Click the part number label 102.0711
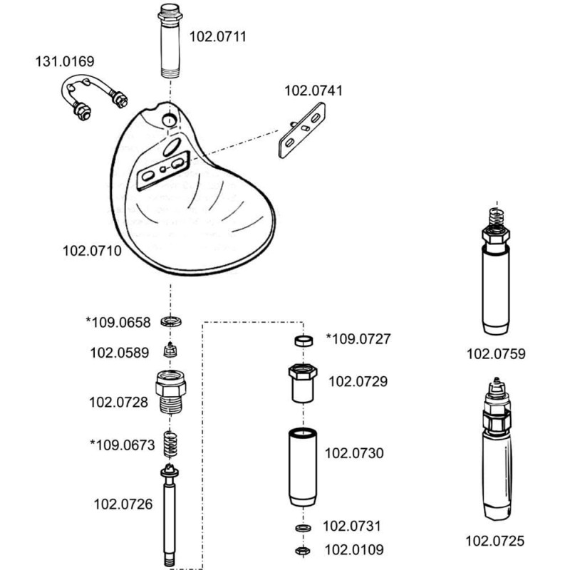(x=217, y=36)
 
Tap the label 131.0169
(x=65, y=62)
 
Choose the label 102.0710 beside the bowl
(x=92, y=251)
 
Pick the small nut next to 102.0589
(x=170, y=351)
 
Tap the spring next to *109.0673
(x=170, y=445)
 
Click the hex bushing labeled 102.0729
(x=302, y=383)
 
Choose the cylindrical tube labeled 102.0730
(x=302, y=466)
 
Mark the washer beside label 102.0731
(x=302, y=527)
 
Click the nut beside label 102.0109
(x=302, y=550)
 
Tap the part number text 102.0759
(x=496, y=353)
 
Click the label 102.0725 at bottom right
(x=494, y=541)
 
